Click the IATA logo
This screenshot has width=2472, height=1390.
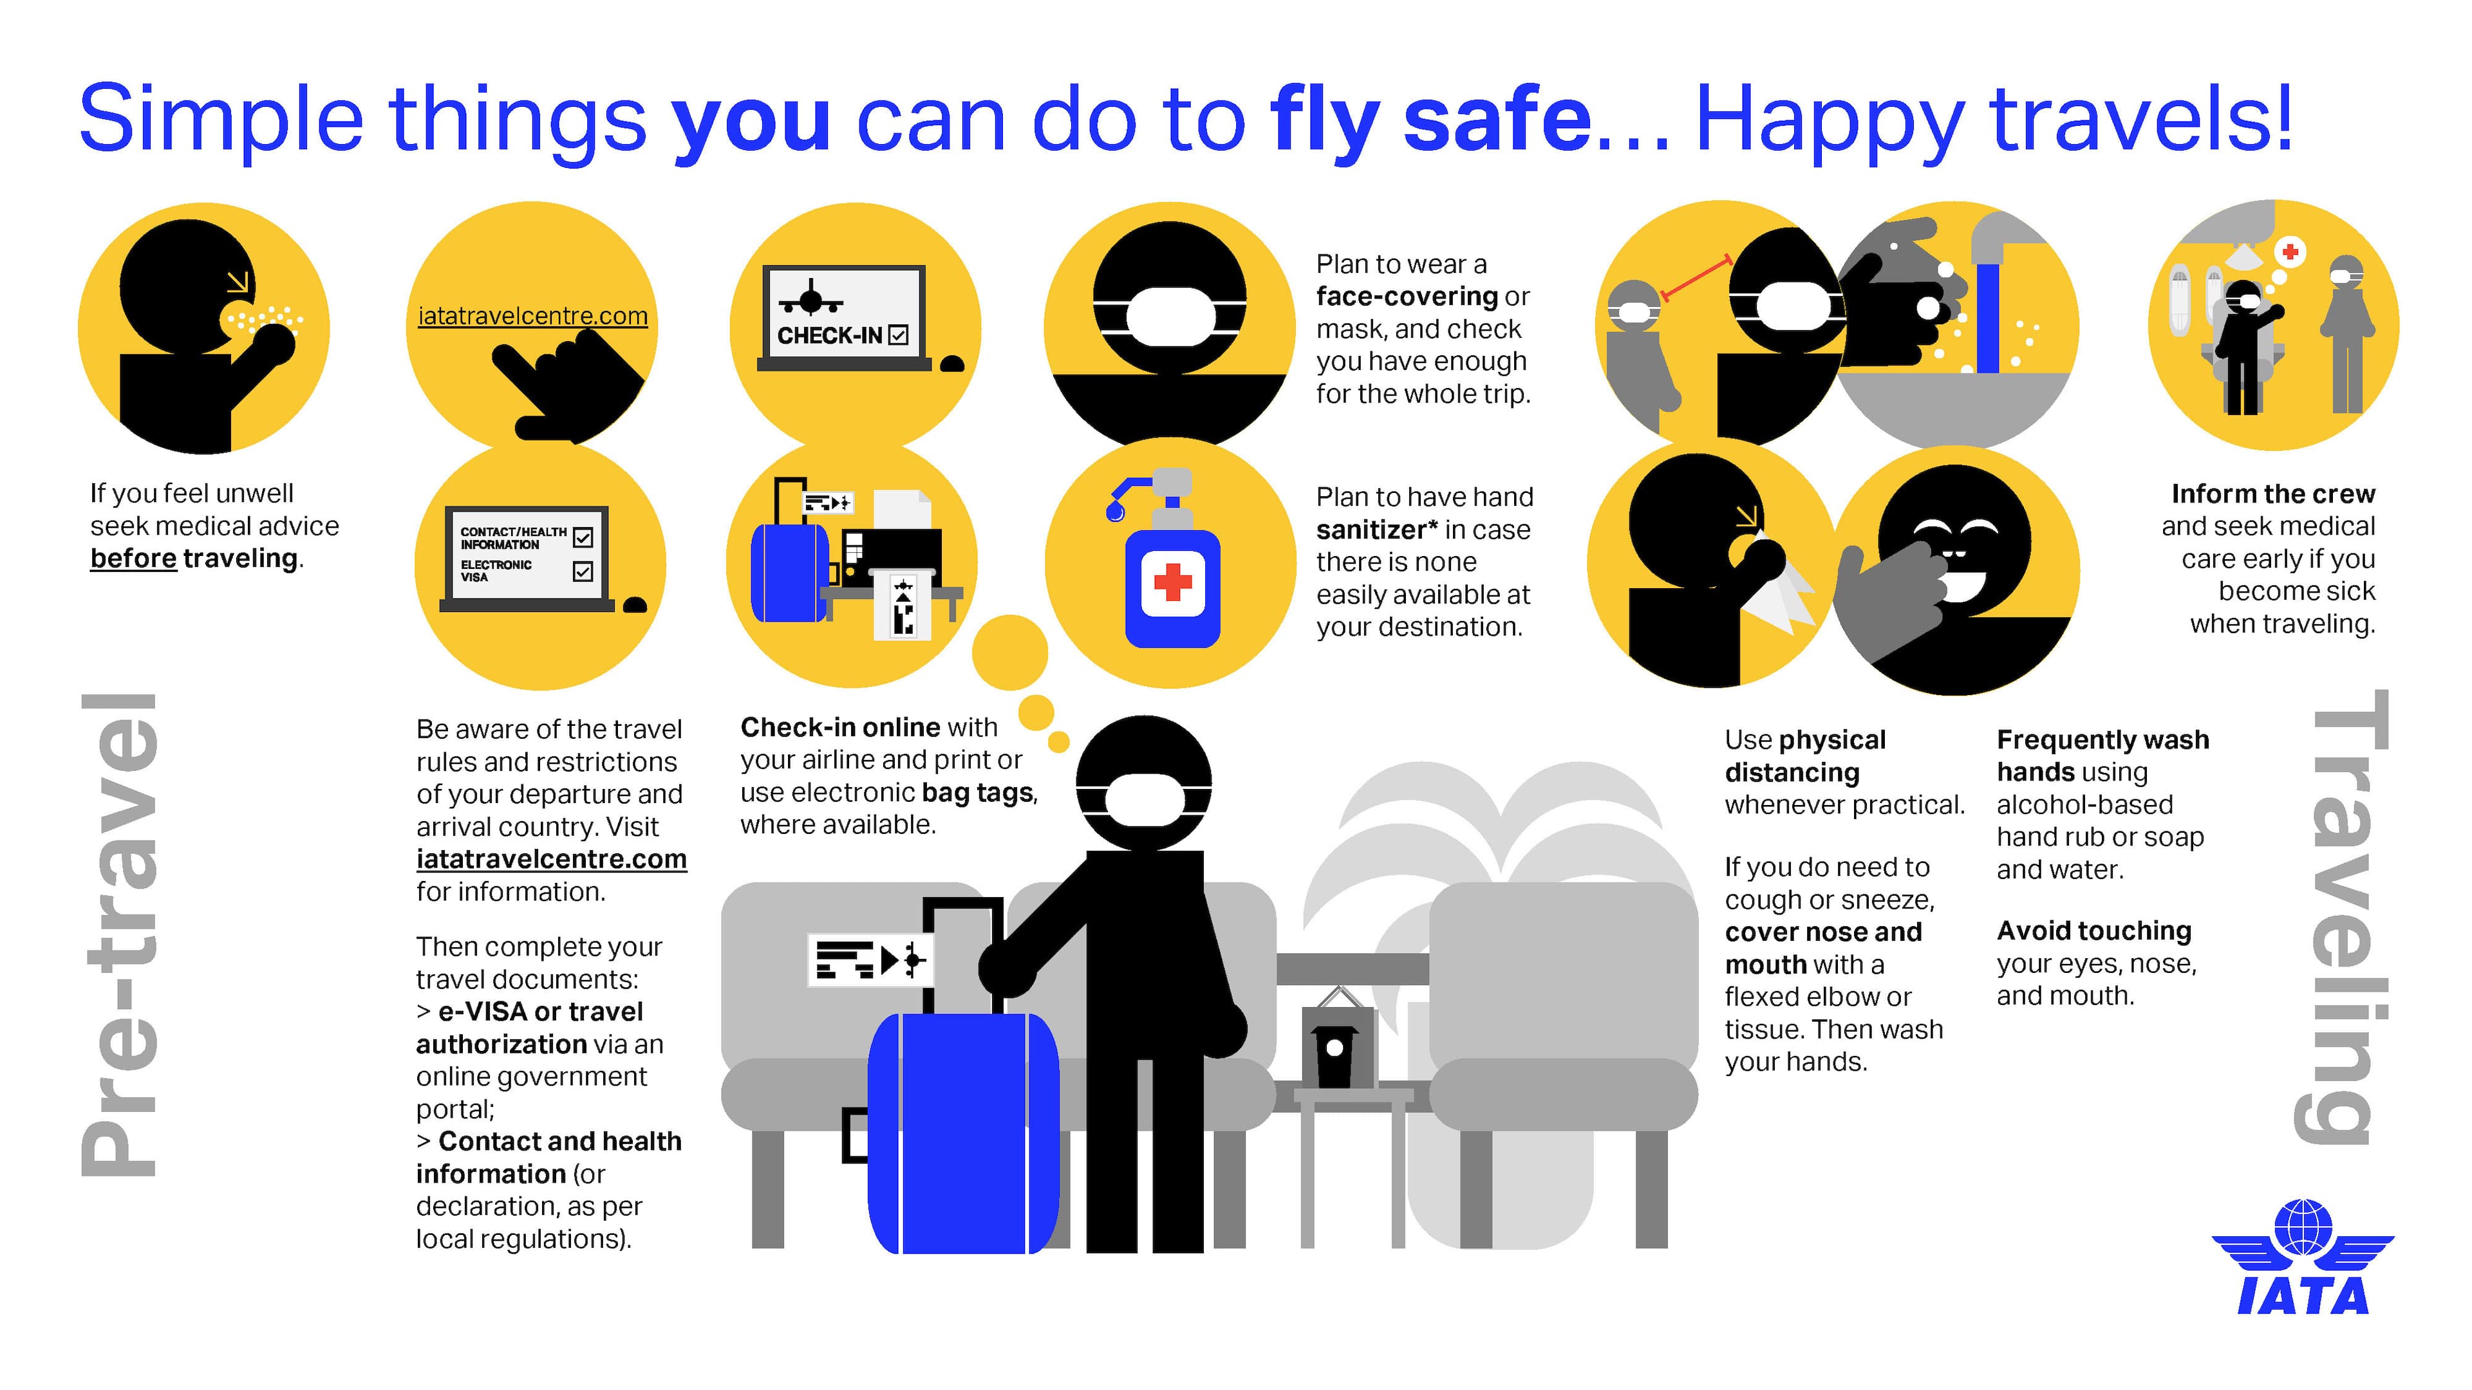[2303, 1257]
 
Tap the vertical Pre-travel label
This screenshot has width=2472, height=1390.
[119, 935]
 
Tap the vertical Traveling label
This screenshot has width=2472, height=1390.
[2341, 916]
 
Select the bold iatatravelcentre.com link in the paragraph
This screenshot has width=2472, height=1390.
[552, 858]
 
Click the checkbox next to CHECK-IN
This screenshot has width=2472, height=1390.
[898, 335]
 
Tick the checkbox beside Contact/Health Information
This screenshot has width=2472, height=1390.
[583, 537]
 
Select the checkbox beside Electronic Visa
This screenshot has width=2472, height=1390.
[583, 571]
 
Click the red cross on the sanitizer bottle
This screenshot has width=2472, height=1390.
[1172, 581]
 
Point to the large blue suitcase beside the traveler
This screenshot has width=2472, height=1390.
[964, 1132]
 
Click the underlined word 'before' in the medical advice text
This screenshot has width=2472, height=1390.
[133, 559]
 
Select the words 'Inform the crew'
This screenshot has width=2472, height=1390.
[2273, 494]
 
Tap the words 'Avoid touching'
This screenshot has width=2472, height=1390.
[2094, 931]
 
